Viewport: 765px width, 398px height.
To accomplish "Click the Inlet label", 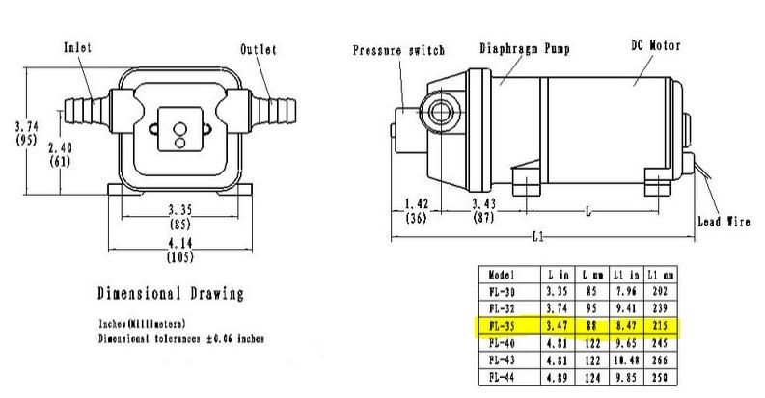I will pos(77,47).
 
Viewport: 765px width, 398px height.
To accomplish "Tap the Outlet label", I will pos(259,49).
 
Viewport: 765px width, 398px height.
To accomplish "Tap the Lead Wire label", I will pos(723,220).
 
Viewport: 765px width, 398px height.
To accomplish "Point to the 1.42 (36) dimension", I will pos(416,211).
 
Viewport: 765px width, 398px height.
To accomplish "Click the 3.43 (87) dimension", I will pos(485,211).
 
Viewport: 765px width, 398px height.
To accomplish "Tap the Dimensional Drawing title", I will pos(170,293).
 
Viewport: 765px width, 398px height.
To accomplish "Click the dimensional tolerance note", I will pos(181,339).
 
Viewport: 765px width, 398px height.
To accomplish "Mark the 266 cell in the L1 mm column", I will pos(660,358).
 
